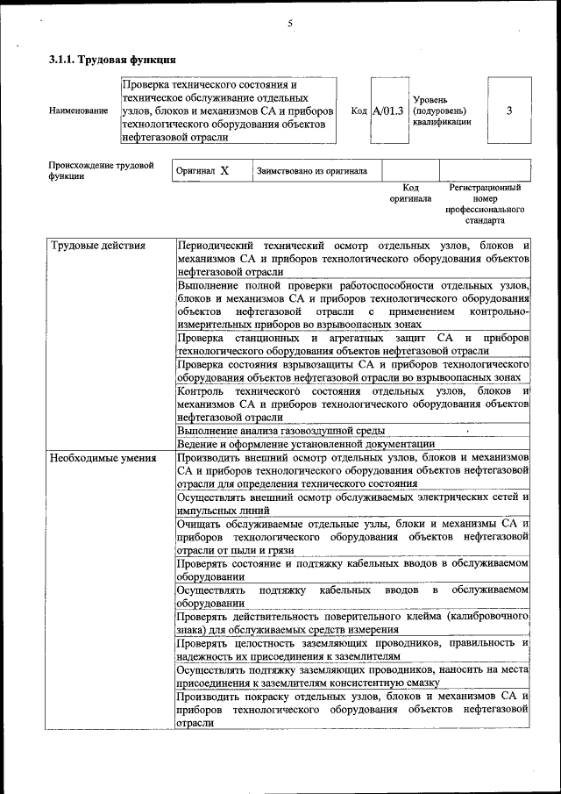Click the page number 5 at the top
tap(288, 23)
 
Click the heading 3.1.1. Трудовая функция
tap(113, 61)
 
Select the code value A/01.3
tap(387, 111)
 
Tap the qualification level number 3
tap(509, 111)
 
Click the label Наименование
tap(79, 111)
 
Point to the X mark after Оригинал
tap(224, 171)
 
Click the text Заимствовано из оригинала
tap(311, 171)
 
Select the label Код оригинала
tap(410, 193)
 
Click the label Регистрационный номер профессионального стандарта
tap(485, 204)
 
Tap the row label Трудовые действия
tap(98, 245)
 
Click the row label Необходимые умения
tap(103, 457)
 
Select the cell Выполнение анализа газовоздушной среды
tap(280, 431)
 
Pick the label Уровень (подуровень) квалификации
tap(443, 111)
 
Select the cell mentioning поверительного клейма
tap(352, 624)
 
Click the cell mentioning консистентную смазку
tap(352, 675)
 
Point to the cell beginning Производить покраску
tap(352, 709)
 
